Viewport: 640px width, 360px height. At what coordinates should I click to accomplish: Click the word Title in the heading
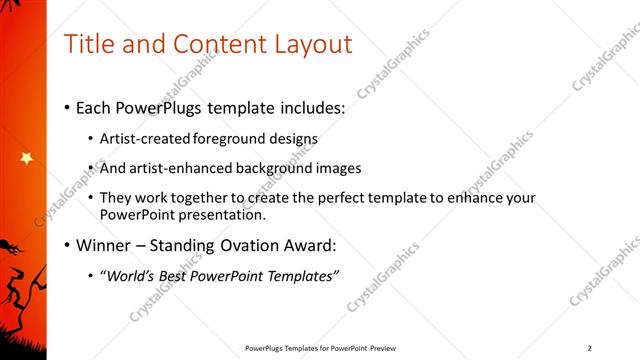[87, 44]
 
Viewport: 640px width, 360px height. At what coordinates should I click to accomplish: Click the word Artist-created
[141, 139]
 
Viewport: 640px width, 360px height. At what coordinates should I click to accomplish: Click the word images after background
[338, 168]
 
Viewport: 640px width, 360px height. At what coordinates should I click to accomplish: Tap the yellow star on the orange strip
[26, 158]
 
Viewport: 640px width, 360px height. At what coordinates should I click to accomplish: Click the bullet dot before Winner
[67, 245]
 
